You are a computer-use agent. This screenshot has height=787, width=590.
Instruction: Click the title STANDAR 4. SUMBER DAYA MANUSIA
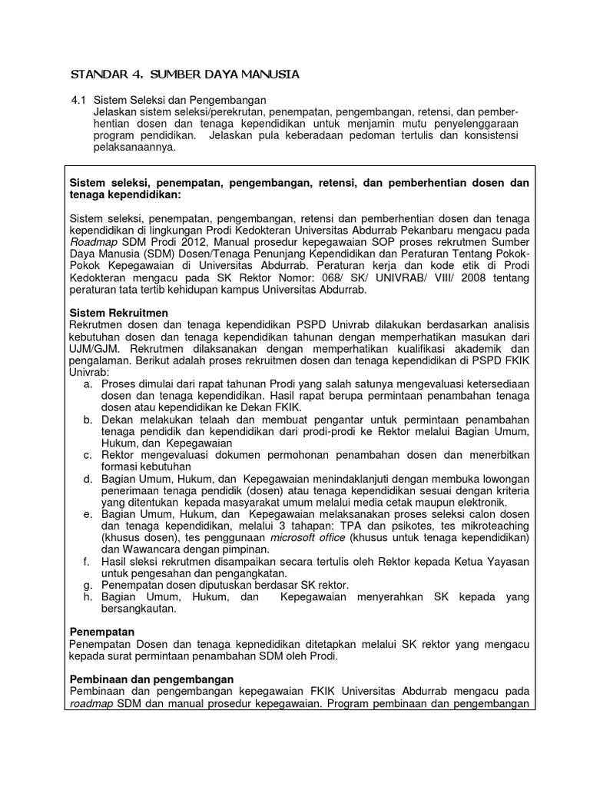pyautogui.click(x=184, y=74)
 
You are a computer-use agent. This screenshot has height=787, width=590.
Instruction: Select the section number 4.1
pyautogui.click(x=78, y=100)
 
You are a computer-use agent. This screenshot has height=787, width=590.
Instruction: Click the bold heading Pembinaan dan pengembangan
pyautogui.click(x=151, y=679)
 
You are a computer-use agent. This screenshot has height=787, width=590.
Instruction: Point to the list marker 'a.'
pyautogui.click(x=87, y=384)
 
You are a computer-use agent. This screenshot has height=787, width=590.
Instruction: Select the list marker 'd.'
pyautogui.click(x=87, y=478)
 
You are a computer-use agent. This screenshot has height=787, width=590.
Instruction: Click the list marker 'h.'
pyautogui.click(x=87, y=596)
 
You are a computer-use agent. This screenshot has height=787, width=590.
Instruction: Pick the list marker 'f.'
pyautogui.click(x=87, y=561)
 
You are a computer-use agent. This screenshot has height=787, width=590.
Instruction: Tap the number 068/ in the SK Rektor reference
pyautogui.click(x=327, y=278)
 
